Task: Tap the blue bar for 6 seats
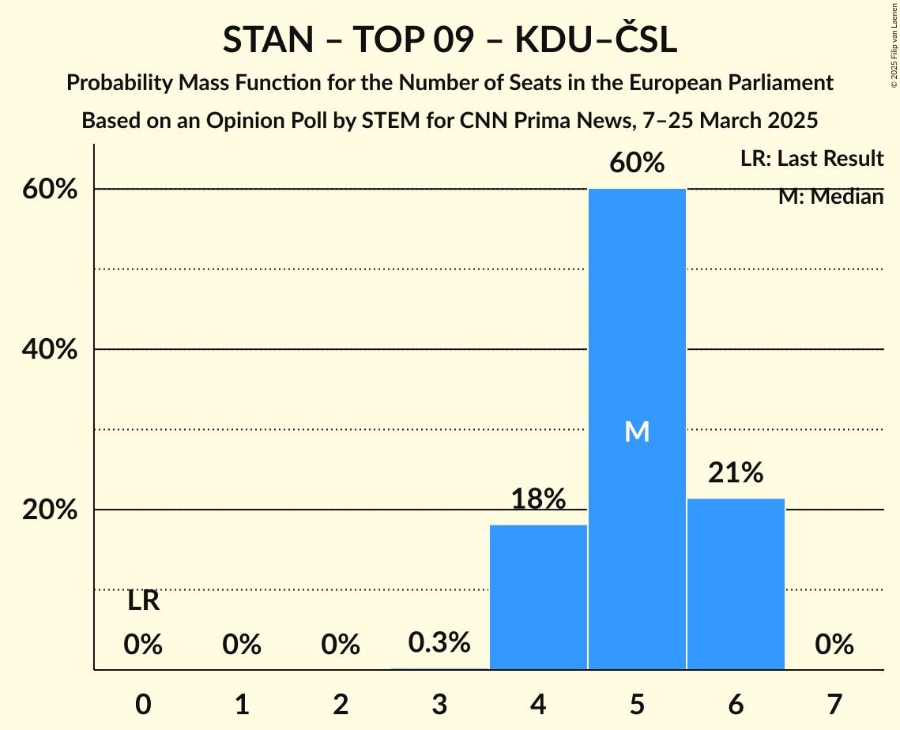[736, 584]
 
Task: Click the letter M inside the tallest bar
[637, 431]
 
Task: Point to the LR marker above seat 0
[143, 601]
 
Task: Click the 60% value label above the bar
[637, 163]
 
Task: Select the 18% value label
[538, 499]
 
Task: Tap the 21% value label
[736, 472]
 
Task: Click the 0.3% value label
[439, 642]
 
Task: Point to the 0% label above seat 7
[834, 645]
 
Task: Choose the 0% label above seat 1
[242, 645]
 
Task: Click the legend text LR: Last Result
[812, 159]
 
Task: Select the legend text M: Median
[830, 196]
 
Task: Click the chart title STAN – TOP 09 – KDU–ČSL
[450, 40]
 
